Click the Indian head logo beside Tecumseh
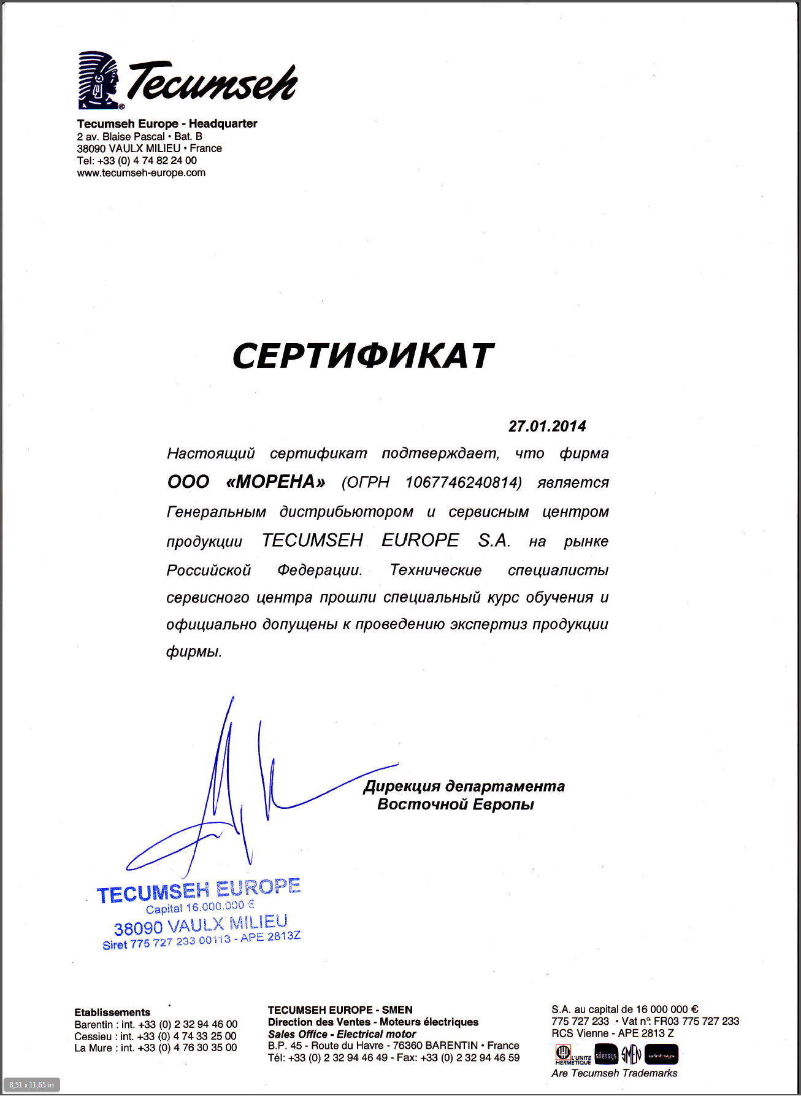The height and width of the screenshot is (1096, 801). point(98,80)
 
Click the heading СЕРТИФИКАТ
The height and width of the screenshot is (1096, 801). point(363,356)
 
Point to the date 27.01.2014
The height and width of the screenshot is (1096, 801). point(547,426)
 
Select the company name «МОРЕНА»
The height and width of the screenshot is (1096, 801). point(275,482)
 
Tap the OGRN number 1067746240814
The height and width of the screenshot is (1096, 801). point(463,482)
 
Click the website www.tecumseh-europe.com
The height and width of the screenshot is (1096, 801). point(141,173)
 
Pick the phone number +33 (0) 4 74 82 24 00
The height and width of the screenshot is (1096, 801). point(147,161)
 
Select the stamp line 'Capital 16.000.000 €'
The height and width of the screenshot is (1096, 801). point(200,907)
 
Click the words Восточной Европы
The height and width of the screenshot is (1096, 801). point(455,805)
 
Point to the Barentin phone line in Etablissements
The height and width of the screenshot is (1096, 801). point(156,1024)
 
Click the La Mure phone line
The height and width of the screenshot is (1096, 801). point(155,1048)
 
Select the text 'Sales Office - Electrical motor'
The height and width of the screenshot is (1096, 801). point(342,1034)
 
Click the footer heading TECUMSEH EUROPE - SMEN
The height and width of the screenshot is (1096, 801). point(340,1010)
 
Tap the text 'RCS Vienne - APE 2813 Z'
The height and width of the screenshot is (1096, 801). point(612,1033)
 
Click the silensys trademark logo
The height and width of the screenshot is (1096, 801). point(606,1055)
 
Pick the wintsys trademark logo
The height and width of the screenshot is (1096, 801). point(661,1055)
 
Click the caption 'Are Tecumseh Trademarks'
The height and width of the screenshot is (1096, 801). point(614,1073)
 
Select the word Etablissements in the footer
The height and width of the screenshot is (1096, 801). point(112,1013)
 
